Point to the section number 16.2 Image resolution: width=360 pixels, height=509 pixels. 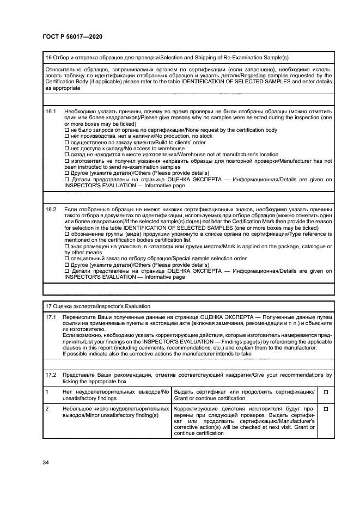(x=51, y=209)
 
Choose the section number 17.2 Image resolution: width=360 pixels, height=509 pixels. (x=51, y=375)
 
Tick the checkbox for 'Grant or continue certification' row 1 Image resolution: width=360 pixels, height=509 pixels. (x=326, y=392)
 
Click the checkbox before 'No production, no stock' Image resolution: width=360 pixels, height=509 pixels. (x=67, y=136)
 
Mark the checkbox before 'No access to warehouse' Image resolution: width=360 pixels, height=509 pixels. (x=67, y=148)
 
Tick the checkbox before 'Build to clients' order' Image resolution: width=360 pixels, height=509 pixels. (x=67, y=142)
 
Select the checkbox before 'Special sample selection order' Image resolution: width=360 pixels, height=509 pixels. (x=67, y=259)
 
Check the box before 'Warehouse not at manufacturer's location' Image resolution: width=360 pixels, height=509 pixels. (x=67, y=154)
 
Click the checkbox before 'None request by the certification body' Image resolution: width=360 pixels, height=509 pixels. (x=67, y=130)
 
